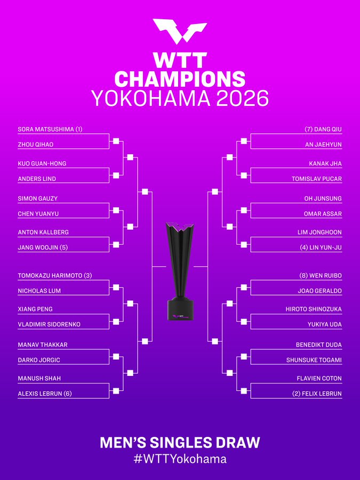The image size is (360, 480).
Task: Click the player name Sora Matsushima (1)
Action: [50, 129]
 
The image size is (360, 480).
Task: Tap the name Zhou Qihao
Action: [36, 145]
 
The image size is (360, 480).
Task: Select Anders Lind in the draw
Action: [37, 179]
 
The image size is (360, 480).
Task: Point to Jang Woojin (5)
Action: [43, 247]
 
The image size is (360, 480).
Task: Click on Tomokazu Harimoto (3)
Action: [55, 276]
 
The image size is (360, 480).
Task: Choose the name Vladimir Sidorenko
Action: [49, 324]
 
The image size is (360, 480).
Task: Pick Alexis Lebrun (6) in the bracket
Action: [45, 394]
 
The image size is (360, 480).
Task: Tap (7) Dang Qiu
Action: [323, 129]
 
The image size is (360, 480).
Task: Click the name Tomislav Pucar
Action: [316, 179]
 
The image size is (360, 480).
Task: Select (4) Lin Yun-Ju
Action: [321, 247]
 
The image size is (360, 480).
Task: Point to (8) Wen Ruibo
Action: [321, 276]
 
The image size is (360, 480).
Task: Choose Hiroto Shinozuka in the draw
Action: [314, 309]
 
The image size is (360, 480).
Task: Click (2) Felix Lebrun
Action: [317, 394]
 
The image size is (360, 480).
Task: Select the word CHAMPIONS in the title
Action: [180, 79]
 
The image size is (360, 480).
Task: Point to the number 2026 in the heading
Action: [243, 99]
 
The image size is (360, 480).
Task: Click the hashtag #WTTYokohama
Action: [180, 459]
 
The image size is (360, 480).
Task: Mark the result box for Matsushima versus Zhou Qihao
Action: [116, 141]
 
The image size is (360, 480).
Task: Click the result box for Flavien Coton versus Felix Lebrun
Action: [244, 390]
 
